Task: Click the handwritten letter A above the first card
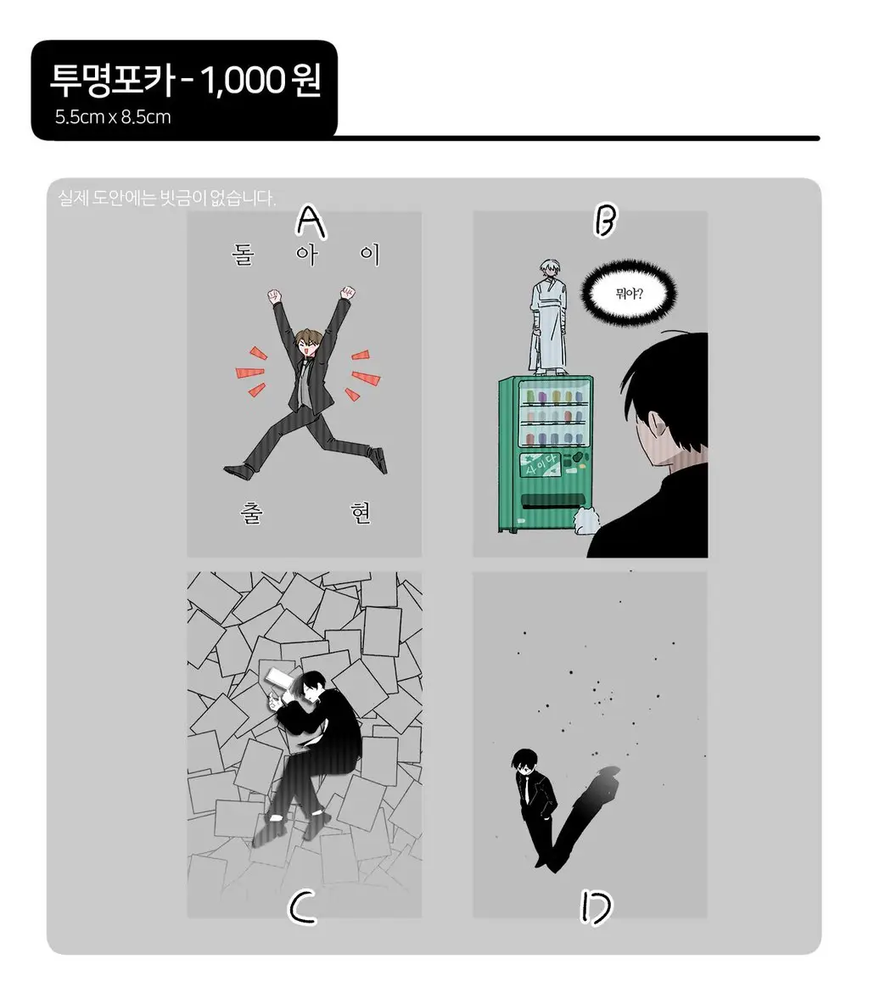tap(311, 222)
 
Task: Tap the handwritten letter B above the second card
tap(605, 220)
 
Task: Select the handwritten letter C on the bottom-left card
tap(303, 907)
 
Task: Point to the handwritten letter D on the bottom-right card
tap(596, 907)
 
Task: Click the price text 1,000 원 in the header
tap(261, 81)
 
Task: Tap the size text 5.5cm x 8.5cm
tap(113, 117)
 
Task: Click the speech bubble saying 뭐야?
tap(629, 294)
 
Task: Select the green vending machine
tap(546, 454)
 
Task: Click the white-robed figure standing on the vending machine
tap(548, 317)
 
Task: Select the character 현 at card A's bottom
tap(361, 513)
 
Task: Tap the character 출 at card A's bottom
tap(251, 513)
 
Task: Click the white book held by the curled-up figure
tap(277, 678)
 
